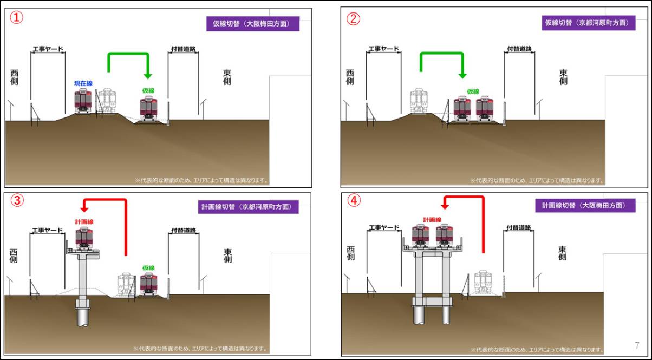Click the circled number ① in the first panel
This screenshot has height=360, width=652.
tap(17, 18)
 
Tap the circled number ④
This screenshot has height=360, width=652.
tap(354, 200)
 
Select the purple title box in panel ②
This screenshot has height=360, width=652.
tap(588, 23)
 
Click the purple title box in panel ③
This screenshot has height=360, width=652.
tap(248, 207)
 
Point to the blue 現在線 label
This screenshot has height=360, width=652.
tap(83, 83)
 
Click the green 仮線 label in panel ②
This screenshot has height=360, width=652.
tap(473, 91)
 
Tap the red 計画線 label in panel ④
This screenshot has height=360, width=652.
tap(432, 220)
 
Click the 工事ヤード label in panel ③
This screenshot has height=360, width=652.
tap(48, 231)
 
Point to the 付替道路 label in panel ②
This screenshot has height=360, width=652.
tap(519, 49)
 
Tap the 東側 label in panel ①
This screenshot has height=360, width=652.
tap(227, 77)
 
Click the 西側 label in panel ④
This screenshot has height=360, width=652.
tap(351, 253)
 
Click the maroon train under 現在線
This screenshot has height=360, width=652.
tap(83, 102)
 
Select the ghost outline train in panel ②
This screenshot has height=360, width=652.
tap(419, 101)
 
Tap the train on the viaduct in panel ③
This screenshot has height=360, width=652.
tap(84, 238)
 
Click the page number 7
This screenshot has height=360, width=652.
tap(637, 345)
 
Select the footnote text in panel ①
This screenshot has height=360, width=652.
tap(201, 180)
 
